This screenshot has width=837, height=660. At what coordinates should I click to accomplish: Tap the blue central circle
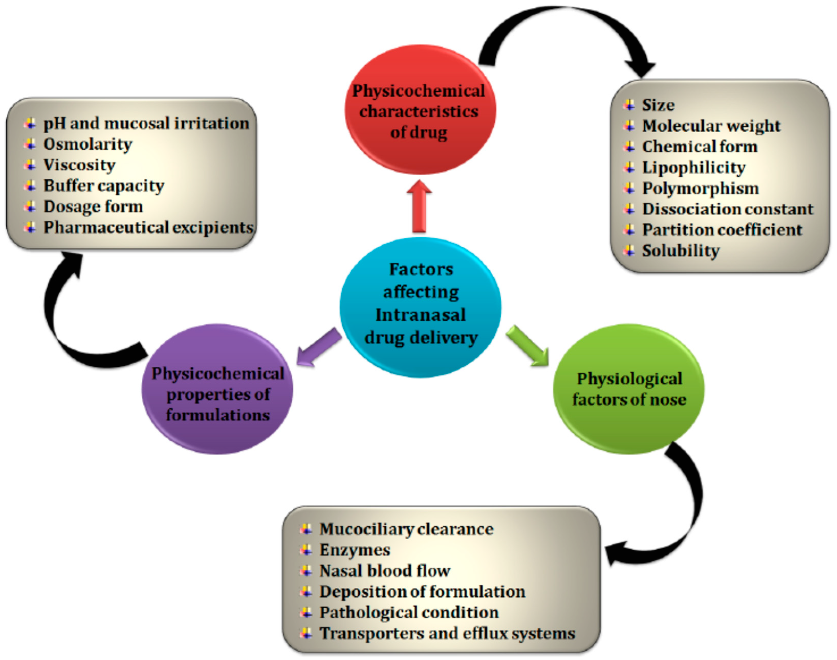(x=421, y=307)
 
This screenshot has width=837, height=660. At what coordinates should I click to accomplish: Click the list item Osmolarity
(x=88, y=144)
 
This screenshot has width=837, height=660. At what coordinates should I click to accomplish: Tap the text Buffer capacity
(x=104, y=186)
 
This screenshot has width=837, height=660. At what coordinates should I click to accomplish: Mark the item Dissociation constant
(x=728, y=209)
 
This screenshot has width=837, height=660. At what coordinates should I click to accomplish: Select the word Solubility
(x=681, y=251)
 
